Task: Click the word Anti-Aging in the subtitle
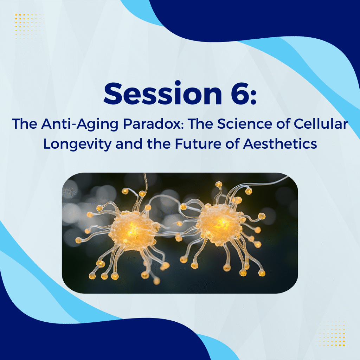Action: coord(80,124)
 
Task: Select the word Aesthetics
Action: coord(280,144)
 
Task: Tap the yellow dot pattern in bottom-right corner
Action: coord(332,332)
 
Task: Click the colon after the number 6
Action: coord(253,96)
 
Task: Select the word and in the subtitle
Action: coord(129,144)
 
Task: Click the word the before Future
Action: coord(159,144)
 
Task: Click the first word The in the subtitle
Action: coord(24,124)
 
